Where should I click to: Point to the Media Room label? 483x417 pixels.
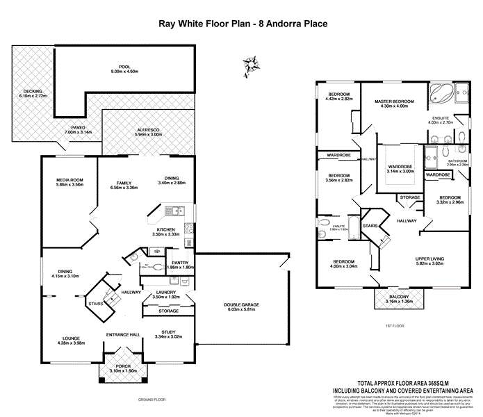click(x=69, y=180)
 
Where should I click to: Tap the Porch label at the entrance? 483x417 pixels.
click(x=123, y=366)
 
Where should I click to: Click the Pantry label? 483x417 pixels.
click(x=181, y=262)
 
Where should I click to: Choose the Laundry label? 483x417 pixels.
click(x=166, y=293)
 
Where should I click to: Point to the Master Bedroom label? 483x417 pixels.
click(x=394, y=101)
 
